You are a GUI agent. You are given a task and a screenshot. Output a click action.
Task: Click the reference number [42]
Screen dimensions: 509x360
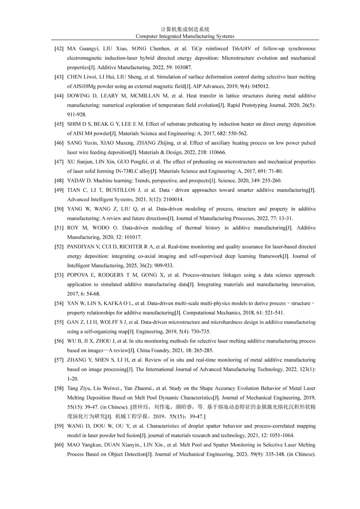coord(59,49)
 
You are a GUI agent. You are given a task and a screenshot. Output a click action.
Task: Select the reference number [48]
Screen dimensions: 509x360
coord(59,181)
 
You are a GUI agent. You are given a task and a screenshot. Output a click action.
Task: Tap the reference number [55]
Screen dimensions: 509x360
coord(59,322)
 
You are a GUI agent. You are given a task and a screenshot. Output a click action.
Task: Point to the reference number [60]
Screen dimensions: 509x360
coord(59,445)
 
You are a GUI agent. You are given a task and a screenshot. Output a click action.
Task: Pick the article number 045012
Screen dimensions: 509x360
coord(260,86)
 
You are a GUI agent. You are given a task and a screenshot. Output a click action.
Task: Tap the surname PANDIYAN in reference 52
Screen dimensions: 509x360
coord(81,247)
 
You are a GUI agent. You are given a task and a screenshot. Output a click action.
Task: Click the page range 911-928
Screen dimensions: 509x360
coord(77,115)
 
